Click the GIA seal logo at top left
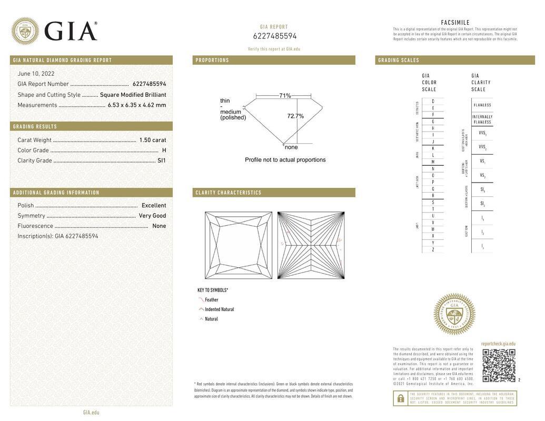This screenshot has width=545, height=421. tap(25, 31)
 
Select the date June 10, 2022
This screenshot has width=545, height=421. tap(36, 74)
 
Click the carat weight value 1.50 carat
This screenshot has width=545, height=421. tap(152, 140)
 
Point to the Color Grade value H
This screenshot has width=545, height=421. tap(164, 151)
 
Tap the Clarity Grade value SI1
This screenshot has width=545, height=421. tap(161, 161)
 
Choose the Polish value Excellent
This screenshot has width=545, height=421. tap(153, 205)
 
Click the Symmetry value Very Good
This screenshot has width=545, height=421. tap(152, 216)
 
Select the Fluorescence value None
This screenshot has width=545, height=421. tap(159, 226)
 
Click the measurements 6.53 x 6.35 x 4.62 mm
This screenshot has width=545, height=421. tap(136, 105)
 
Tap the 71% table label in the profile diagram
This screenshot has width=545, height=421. tap(285, 96)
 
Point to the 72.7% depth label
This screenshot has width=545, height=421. tap(295, 116)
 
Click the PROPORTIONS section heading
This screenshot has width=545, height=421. tap(212, 60)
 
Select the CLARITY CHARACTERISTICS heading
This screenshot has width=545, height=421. tap(229, 193)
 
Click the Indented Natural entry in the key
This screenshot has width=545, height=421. tap(219, 309)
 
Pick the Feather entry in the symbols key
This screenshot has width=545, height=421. tap(211, 300)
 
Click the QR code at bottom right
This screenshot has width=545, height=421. tap(499, 365)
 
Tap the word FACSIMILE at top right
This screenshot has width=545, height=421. tap(455, 23)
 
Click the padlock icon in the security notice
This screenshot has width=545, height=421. tap(400, 398)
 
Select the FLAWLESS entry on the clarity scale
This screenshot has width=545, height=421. tap(482, 105)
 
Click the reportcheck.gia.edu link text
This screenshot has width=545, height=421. tap(498, 344)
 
